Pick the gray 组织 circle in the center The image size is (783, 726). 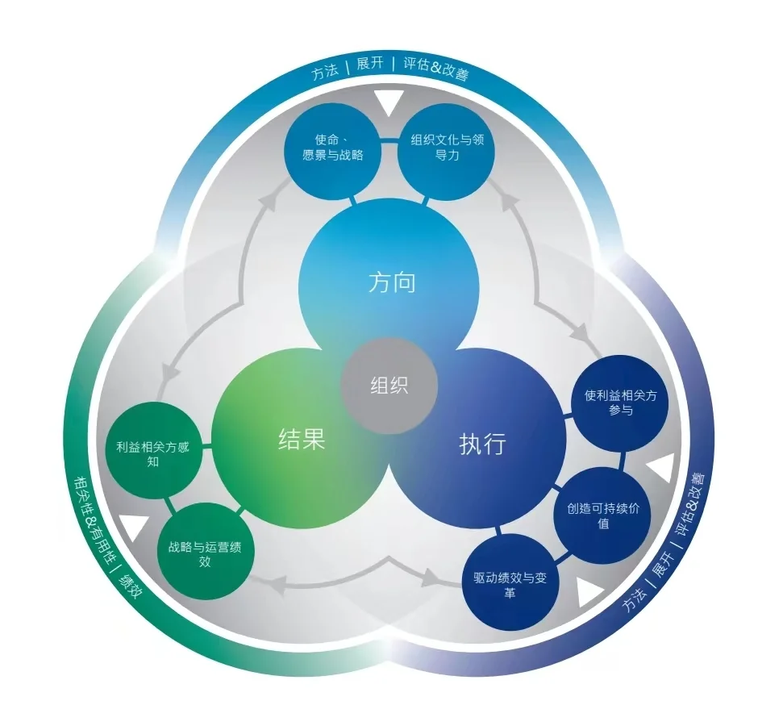389,385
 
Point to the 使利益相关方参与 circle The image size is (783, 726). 620,403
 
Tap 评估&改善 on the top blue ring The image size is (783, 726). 435,69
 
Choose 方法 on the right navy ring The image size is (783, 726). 636,603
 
